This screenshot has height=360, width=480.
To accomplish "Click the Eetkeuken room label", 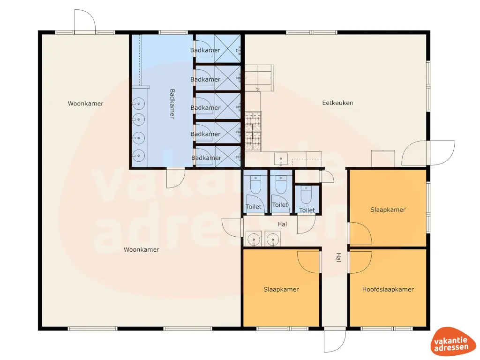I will point(337,103).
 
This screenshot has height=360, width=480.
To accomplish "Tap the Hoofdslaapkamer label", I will point(388,289).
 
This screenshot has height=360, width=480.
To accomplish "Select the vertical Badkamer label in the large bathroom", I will point(172,104).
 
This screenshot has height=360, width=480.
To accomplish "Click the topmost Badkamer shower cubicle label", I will point(205,50).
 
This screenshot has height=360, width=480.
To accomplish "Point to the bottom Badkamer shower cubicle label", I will point(206,158).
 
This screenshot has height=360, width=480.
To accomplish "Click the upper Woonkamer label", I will point(85,104).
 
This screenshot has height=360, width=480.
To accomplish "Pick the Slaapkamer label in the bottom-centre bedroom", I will point(281,289).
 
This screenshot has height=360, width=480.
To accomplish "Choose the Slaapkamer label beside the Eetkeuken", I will point(388,210).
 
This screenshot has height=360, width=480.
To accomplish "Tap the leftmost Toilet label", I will point(254,207).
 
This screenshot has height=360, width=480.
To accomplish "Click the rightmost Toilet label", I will point(307,210).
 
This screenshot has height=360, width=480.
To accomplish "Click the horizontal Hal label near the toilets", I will point(282,225).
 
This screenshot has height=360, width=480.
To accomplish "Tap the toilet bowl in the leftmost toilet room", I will point(255,185).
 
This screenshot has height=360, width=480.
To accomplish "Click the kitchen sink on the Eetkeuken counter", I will point(281,158).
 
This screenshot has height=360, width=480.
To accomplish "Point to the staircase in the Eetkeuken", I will point(258,78).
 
